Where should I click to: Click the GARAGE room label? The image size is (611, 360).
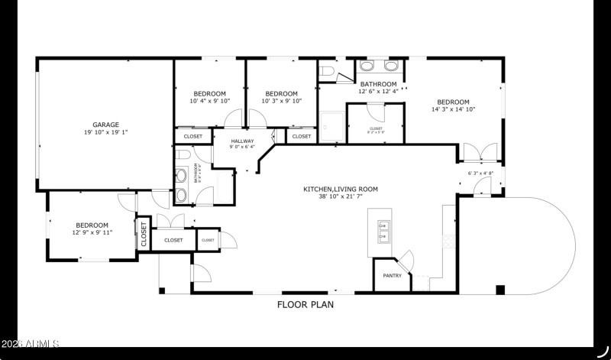click(x=105, y=124)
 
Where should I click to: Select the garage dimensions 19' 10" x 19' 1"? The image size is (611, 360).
click(x=105, y=132)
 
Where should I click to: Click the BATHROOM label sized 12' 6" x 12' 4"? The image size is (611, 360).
click(x=378, y=84)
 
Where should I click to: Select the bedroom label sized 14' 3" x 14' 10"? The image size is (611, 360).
click(x=453, y=102)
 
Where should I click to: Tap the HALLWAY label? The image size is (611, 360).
click(x=242, y=141)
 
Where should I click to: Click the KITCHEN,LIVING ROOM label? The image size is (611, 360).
click(x=341, y=189)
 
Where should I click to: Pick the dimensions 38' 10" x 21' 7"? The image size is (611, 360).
click(x=341, y=197)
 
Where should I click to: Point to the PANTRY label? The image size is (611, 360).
click(x=392, y=276)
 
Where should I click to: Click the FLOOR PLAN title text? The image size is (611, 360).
click(x=305, y=304)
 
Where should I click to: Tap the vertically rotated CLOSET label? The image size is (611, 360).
click(x=143, y=235)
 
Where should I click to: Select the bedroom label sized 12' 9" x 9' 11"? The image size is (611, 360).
click(x=92, y=225)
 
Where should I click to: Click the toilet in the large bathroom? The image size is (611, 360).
click(x=326, y=72)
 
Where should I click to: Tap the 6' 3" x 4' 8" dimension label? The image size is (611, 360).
click(x=480, y=174)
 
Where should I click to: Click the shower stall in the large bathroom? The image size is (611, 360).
click(x=332, y=125)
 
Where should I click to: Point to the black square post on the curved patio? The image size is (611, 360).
click(x=500, y=290)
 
